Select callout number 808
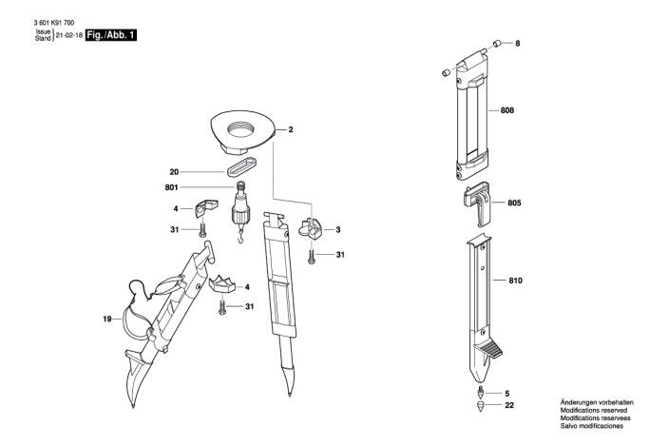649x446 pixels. [507, 111]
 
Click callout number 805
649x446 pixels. [514, 204]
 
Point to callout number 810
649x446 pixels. [515, 281]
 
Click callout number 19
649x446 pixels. [107, 319]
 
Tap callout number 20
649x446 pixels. [174, 172]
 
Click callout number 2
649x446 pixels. [290, 128]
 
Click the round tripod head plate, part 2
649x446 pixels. [241, 128]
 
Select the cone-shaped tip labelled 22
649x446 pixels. [481, 406]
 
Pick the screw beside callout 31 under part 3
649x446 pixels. [311, 254]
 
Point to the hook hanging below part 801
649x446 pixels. [240, 233]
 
